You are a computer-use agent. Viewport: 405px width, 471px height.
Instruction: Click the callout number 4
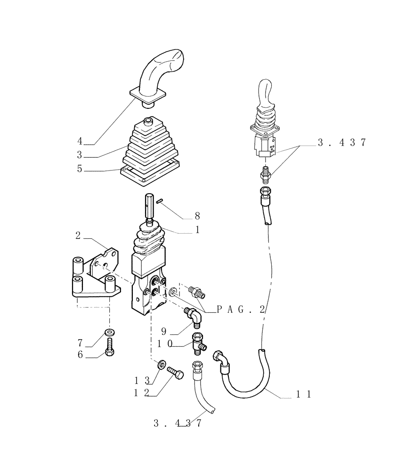pyautogui.click(x=80, y=141)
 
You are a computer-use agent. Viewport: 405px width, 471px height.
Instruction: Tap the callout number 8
pyautogui.click(x=197, y=216)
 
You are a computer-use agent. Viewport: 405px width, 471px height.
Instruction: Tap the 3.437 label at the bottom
pyautogui.click(x=177, y=423)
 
